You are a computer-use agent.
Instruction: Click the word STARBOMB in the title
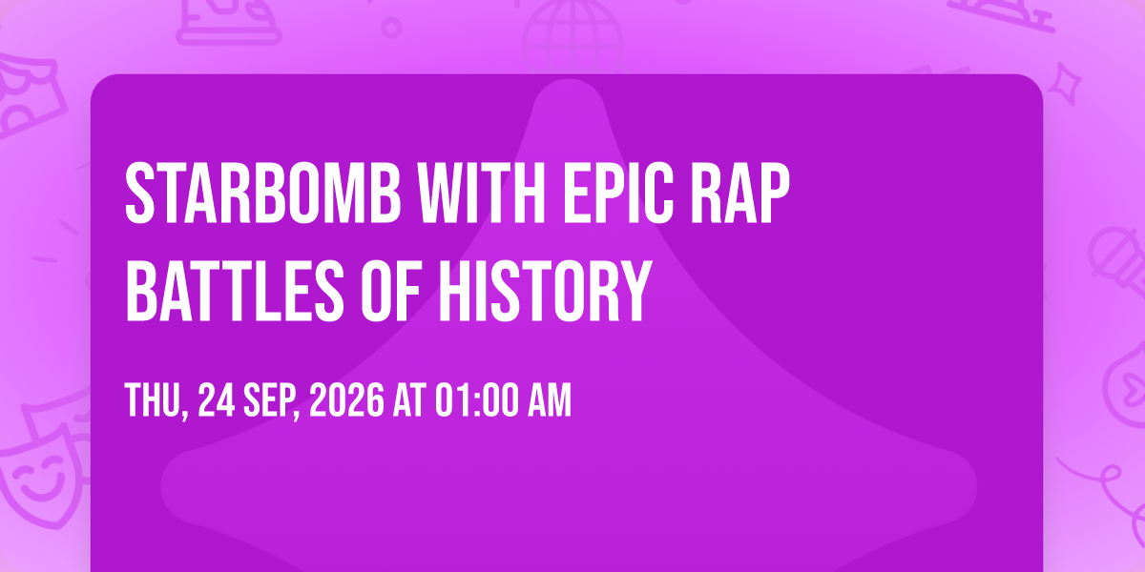[x=262, y=193]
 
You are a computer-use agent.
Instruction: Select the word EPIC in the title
[x=618, y=193]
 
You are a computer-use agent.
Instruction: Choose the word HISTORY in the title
[x=545, y=290]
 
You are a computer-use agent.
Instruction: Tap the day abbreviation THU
[x=156, y=401]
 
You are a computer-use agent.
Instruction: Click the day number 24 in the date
[x=217, y=401]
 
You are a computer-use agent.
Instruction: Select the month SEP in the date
[x=271, y=401]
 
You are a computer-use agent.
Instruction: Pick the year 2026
[x=346, y=401]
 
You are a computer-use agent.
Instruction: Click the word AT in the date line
[x=409, y=401]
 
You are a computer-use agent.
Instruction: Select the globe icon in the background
[x=572, y=36]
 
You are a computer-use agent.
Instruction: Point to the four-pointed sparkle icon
[x=1065, y=84]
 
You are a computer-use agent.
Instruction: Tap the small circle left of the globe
[x=391, y=28]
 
